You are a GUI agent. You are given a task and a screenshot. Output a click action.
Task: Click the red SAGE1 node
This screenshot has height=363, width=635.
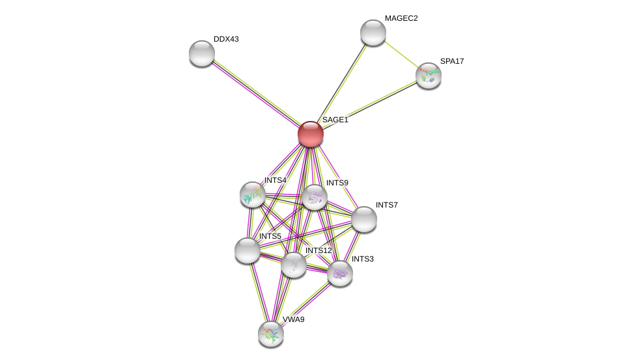[x=311, y=134]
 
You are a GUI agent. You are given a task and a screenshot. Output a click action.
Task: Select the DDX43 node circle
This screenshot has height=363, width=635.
[x=202, y=53]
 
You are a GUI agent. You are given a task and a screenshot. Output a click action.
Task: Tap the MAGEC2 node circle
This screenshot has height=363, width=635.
[x=373, y=33]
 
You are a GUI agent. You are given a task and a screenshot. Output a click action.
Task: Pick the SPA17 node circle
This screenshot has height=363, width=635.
[x=429, y=75]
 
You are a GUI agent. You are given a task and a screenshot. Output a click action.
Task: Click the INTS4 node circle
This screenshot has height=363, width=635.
[x=253, y=195]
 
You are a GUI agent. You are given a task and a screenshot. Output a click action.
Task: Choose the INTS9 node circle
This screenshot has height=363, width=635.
[x=314, y=197]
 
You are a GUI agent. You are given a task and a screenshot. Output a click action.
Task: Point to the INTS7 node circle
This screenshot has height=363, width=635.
[x=364, y=219]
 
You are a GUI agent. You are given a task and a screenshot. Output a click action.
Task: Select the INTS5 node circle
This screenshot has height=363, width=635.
[x=247, y=250]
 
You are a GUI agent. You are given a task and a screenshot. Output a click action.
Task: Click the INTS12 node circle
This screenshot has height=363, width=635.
[x=294, y=265]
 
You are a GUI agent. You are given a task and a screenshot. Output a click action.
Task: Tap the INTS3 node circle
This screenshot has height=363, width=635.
[x=339, y=273]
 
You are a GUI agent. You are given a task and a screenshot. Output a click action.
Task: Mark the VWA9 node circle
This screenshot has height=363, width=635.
[x=271, y=334]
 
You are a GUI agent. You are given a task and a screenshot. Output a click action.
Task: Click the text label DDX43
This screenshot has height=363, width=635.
[x=226, y=39]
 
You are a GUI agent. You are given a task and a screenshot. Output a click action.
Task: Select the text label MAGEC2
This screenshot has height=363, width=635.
[x=401, y=18]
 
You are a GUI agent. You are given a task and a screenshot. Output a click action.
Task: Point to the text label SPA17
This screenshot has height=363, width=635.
[x=452, y=61]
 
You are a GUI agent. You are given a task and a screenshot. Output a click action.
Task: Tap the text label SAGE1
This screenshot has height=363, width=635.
[x=335, y=120]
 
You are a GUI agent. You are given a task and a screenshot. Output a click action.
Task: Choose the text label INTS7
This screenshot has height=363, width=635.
[x=386, y=205]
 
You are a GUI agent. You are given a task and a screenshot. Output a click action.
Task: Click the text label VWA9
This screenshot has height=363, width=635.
[x=293, y=319]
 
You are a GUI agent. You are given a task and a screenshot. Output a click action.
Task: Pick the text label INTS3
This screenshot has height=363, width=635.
[x=363, y=259]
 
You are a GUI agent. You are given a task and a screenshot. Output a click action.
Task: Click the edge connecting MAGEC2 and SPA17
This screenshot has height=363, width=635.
[x=401, y=54]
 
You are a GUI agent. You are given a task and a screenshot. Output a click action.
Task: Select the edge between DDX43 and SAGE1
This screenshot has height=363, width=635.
[x=256, y=93]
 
